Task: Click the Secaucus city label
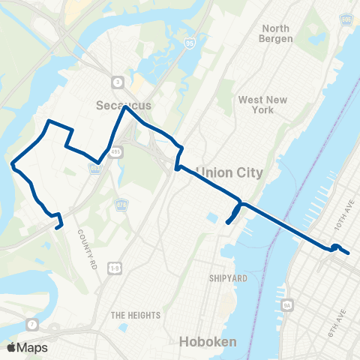click(124, 106)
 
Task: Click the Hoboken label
click(208, 342)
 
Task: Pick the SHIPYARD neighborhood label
click(228, 278)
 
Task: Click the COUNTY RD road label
click(86, 247)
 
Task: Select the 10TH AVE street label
click(343, 221)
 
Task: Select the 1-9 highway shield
click(114, 268)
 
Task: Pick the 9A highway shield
click(286, 306)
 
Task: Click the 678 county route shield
click(120, 204)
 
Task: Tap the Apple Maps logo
click(28, 347)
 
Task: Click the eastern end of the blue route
click(349, 254)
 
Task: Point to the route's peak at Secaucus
click(127, 107)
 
